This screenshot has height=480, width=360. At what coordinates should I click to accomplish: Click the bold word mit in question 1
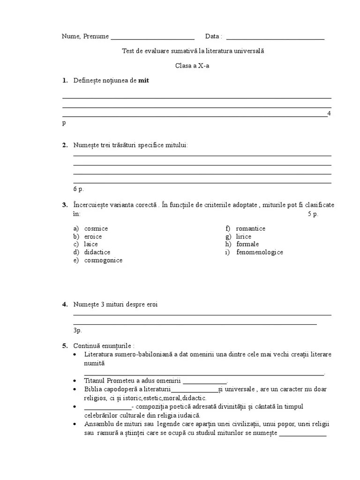(143, 81)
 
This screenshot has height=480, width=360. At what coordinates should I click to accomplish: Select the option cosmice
(96, 228)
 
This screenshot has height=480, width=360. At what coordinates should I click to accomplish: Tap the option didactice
(97, 252)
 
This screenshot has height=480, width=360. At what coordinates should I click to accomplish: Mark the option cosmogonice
(103, 260)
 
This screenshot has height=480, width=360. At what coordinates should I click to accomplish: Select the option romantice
(251, 228)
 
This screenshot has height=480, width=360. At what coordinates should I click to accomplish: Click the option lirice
(244, 236)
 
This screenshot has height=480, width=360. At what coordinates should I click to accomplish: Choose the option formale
(247, 244)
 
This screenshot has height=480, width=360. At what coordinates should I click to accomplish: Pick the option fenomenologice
(260, 252)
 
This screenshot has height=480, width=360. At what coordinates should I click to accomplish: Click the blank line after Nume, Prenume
(152, 37)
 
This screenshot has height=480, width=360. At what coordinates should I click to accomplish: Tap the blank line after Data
(275, 37)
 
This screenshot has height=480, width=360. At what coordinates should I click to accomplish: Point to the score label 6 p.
(78, 189)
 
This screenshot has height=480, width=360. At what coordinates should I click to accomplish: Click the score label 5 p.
(313, 214)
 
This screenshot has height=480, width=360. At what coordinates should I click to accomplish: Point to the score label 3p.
(77, 330)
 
